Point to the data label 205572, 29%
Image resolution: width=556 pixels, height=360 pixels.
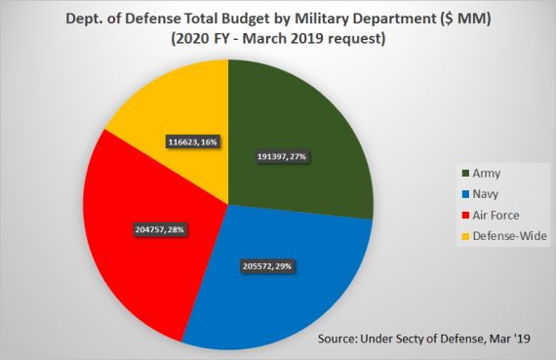tap(264, 265)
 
